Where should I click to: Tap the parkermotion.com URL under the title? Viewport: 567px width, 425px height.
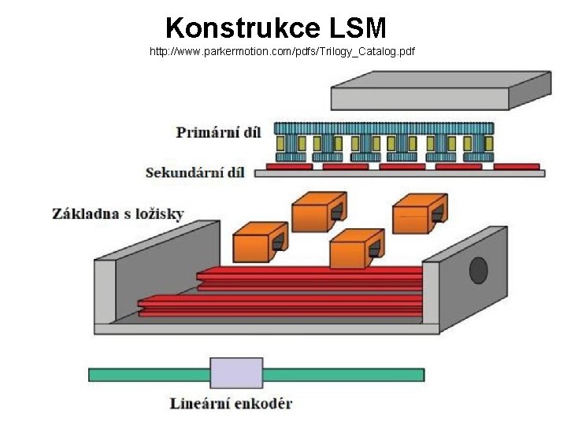[x=282, y=52]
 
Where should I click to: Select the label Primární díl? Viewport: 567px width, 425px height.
[x=218, y=132]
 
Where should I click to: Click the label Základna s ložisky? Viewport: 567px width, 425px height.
[x=118, y=213]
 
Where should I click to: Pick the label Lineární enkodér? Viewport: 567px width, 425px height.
[x=231, y=404]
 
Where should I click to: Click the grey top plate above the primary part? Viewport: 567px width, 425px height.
[x=440, y=89]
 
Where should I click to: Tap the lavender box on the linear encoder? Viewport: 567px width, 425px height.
[x=236, y=374]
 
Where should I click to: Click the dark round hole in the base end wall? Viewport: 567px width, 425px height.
[x=478, y=270]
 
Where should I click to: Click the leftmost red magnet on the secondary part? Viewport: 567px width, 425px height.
[x=288, y=166]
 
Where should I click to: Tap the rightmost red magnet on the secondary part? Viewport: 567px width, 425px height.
[x=516, y=166]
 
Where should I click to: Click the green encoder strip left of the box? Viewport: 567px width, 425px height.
[x=149, y=375]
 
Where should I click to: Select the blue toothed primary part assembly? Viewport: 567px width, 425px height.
[x=384, y=142]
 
